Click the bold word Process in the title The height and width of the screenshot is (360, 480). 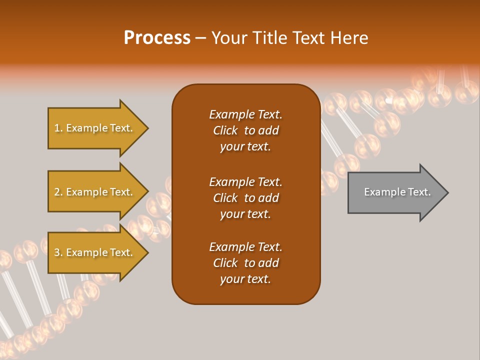click(157, 38)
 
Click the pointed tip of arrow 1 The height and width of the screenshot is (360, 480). click(146, 128)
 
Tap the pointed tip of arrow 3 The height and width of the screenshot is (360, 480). click(146, 252)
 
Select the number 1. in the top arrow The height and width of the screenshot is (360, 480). click(58, 128)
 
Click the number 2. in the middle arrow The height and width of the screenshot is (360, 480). click(58, 192)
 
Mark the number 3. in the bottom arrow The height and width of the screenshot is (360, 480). click(58, 252)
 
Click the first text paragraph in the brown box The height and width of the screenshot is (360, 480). click(245, 130)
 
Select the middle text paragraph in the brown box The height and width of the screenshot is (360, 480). click(245, 198)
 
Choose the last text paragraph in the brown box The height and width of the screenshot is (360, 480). click(245, 263)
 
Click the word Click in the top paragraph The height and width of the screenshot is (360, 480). click(225, 130)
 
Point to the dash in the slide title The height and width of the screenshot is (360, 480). click(200, 38)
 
